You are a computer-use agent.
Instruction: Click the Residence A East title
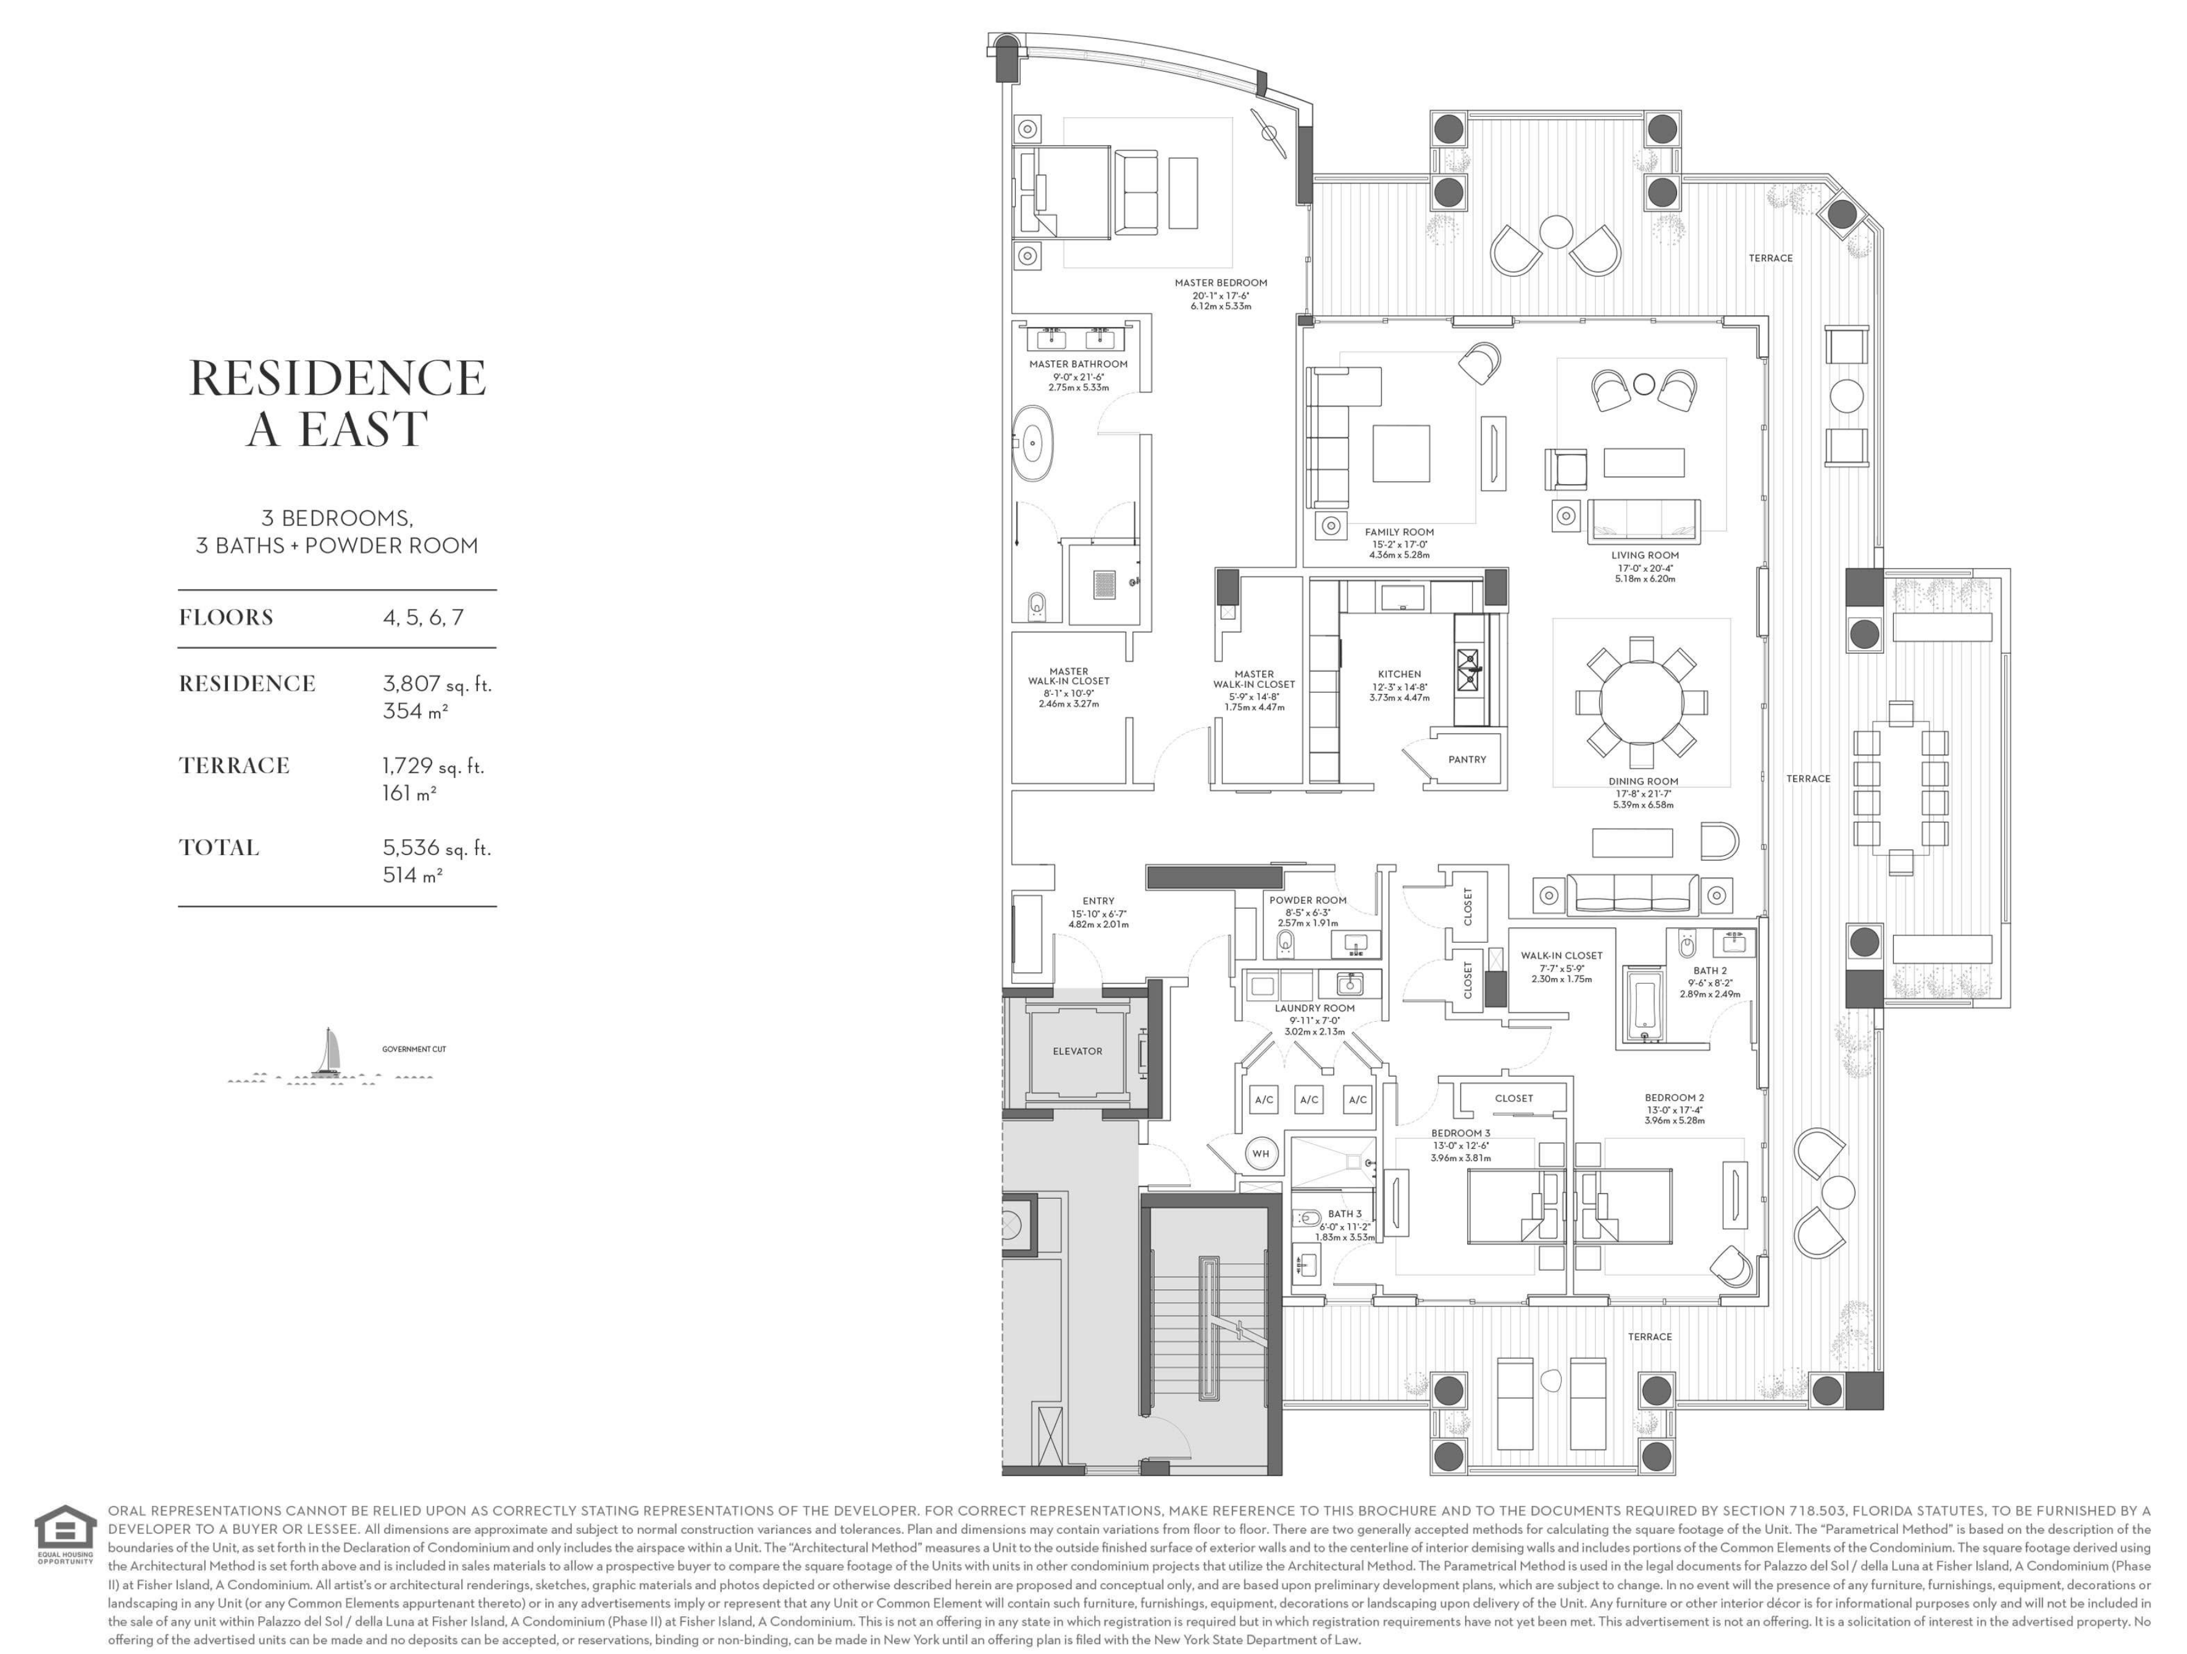pyautogui.click(x=337, y=403)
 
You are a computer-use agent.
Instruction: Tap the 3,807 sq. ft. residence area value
pyautogui.click(x=437, y=683)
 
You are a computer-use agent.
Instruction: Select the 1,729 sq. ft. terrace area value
pyautogui.click(x=433, y=765)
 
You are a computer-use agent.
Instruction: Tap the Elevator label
pyautogui.click(x=1077, y=1051)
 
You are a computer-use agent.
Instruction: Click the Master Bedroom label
pyautogui.click(x=1221, y=283)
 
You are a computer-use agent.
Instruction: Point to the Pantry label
pyautogui.click(x=1467, y=759)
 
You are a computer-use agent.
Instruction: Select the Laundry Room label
pyautogui.click(x=1314, y=1008)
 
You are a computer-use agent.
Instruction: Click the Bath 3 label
pyautogui.click(x=1345, y=1214)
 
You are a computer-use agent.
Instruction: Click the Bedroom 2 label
pyautogui.click(x=1674, y=1097)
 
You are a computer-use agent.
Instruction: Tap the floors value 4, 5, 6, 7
pyautogui.click(x=423, y=618)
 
